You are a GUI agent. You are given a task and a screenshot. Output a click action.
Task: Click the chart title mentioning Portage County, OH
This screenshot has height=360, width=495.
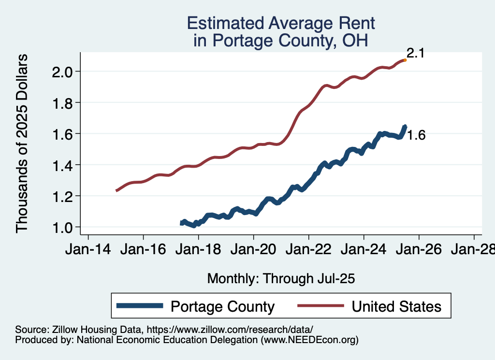point(281,32)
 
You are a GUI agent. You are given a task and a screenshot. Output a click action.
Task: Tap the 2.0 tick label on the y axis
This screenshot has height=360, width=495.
point(62,72)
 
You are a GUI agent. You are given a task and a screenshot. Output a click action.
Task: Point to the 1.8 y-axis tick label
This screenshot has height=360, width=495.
point(62,103)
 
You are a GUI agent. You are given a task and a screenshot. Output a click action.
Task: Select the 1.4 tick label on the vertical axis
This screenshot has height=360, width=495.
point(62,165)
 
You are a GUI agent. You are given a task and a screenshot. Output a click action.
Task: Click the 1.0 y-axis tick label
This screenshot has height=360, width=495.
point(62,227)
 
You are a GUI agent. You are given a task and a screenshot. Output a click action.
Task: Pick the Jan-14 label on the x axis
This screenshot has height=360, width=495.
point(88,251)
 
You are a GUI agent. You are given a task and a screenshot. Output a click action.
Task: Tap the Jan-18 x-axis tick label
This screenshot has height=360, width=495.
point(198,251)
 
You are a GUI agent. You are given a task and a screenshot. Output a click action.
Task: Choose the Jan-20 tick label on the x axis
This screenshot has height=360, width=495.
point(253,251)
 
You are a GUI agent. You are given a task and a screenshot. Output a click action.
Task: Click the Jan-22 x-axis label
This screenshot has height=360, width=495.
point(308,251)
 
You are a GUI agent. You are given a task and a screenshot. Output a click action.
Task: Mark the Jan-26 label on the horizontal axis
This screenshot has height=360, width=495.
point(419,251)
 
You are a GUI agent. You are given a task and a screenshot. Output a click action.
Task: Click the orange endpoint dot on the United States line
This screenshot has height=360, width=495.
point(405,60)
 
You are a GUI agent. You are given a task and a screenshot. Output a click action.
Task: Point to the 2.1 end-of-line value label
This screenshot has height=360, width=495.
point(415,53)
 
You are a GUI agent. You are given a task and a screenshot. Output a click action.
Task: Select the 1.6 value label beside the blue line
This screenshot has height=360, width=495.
point(416,136)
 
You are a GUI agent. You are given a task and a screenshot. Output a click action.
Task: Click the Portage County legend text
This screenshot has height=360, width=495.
point(223,306)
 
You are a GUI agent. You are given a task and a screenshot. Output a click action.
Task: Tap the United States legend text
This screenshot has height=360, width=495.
point(396,306)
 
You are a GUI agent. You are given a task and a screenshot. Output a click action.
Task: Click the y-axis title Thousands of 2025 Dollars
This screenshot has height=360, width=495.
point(22,144)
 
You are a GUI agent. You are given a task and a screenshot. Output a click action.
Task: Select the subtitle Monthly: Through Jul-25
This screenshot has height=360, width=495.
point(281,278)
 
